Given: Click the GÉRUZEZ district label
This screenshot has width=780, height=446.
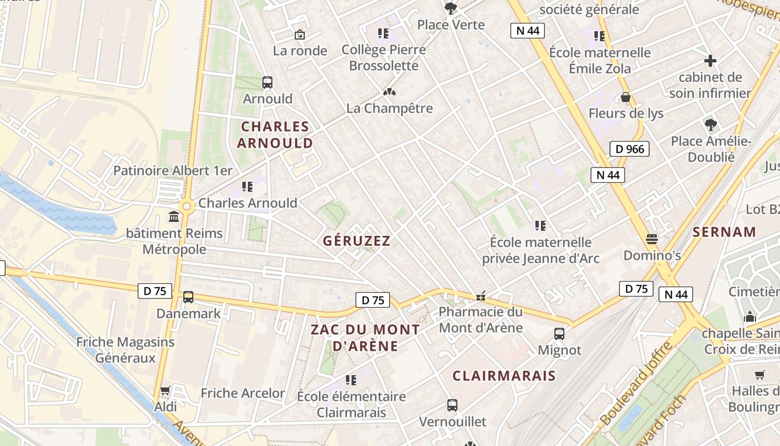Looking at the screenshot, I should [x=357, y=241].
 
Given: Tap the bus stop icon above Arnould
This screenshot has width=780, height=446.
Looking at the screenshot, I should [x=267, y=83].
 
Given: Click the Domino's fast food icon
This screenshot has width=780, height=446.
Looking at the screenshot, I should [x=652, y=239].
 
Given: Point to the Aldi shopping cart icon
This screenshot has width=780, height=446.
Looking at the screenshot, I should [x=165, y=391].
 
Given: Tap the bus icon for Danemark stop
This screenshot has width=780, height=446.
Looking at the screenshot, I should [x=188, y=297].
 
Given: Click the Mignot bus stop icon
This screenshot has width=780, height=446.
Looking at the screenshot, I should [x=559, y=334].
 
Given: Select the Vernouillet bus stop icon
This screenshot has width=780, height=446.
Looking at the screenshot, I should [x=452, y=405].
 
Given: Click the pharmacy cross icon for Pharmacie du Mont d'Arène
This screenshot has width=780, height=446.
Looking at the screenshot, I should [x=481, y=297].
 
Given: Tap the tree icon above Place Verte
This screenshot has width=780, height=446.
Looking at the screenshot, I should [x=450, y=8].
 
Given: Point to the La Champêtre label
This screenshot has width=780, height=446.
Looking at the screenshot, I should [x=389, y=108].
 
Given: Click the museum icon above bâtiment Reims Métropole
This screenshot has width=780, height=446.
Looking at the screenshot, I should [x=174, y=216].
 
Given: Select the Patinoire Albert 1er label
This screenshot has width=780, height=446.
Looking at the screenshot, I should [x=173, y=171].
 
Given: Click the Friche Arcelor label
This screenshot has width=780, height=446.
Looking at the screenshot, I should [x=243, y=393].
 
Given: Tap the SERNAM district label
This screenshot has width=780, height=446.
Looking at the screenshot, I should [x=724, y=232].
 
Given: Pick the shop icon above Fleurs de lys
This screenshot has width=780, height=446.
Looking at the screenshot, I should [x=626, y=98].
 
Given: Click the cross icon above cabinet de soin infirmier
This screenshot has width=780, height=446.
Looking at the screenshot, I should [x=710, y=61].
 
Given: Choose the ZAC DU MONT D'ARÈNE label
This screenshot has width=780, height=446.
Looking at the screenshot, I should [x=365, y=337].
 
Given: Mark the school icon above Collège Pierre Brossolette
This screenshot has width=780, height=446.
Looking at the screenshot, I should [x=383, y=33].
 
